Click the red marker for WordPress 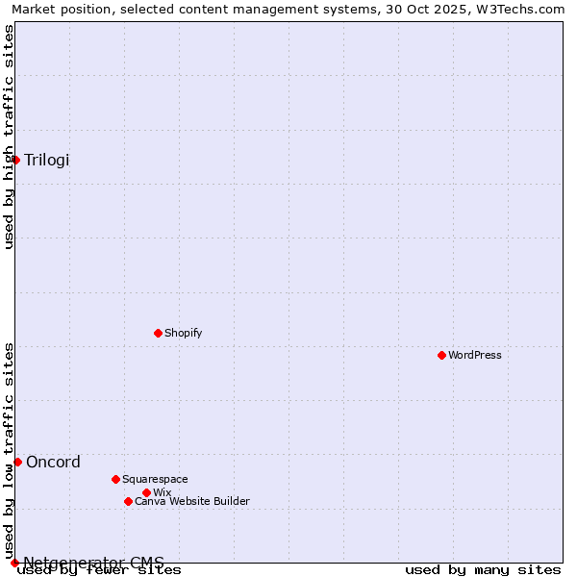(441, 355)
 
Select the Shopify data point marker (158, 333)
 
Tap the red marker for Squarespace (115, 479)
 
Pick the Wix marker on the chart (146, 492)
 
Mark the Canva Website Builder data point (128, 501)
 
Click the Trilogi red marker (15, 160)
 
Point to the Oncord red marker (17, 462)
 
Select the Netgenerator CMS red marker (14, 563)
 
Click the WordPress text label (475, 355)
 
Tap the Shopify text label (183, 333)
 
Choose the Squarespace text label (155, 479)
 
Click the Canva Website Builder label (191, 501)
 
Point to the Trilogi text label (47, 160)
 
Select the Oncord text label (53, 462)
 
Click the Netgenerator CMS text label (93, 563)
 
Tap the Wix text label (162, 492)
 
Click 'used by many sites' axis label (483, 570)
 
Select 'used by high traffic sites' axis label (9, 137)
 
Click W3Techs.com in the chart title (519, 9)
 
